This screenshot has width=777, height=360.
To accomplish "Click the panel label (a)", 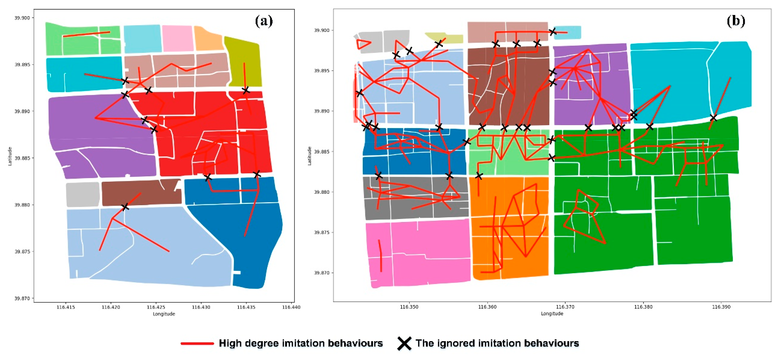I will point(264,21).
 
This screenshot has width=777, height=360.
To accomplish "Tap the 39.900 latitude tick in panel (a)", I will point(23,18).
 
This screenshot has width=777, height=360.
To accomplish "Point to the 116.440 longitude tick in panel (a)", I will point(291,307).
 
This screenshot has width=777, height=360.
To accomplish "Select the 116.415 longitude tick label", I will point(66,307).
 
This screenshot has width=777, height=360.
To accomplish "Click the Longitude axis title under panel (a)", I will point(164,314).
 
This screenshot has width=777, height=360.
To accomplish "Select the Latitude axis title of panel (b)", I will point(309,156).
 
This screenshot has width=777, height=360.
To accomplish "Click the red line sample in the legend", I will point(197,343).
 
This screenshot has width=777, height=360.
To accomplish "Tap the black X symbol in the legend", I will point(404,343).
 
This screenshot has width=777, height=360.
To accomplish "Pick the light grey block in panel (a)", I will point(83,194).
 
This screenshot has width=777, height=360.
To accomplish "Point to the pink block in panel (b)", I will point(418,253).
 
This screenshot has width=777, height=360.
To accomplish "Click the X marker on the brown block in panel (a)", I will point(125,207).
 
